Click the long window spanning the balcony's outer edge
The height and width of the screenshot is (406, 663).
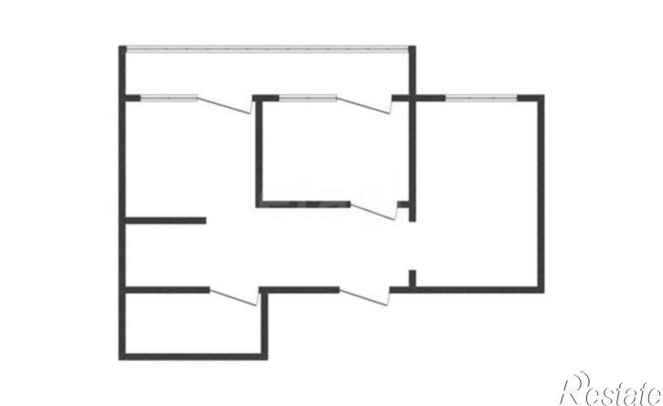[x=267, y=49]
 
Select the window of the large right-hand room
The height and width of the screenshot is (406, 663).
[x=481, y=98]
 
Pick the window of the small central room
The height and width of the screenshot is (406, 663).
[x=308, y=98]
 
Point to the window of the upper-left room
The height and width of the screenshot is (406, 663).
[x=168, y=98]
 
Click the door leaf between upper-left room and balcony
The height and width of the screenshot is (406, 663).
[x=225, y=105]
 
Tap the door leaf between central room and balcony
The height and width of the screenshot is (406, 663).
[x=364, y=105]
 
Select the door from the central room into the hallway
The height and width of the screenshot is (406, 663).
[x=374, y=211]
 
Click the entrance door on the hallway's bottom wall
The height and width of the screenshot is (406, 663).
[x=364, y=297]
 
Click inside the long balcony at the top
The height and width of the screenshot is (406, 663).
[x=267, y=74]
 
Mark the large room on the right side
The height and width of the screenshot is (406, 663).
[x=476, y=195]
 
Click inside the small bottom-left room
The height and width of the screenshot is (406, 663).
[x=193, y=323]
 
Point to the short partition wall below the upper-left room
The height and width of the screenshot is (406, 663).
[x=166, y=220]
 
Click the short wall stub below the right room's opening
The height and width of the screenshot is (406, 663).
[x=412, y=278]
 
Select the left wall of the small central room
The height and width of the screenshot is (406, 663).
[x=259, y=152]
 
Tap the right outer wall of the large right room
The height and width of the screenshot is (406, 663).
[x=540, y=194]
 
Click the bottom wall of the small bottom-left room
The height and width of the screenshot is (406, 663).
[x=193, y=357]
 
